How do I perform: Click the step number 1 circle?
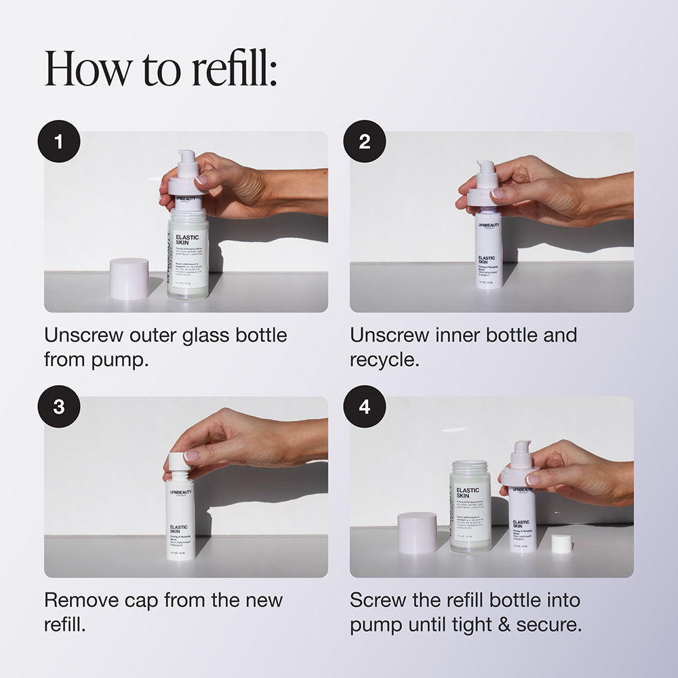point(59,142)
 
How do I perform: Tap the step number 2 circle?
point(365,142)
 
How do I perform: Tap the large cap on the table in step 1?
point(129,278)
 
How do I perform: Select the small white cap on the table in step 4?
point(561,543)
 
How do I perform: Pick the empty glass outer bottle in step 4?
point(470,505)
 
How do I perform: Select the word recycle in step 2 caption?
point(384,359)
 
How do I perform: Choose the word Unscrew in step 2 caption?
point(387,335)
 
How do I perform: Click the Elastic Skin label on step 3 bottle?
point(179,529)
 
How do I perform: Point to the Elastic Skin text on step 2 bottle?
point(486,260)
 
